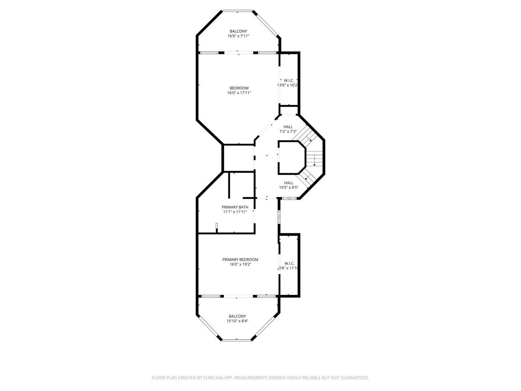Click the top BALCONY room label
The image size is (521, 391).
point(238,31)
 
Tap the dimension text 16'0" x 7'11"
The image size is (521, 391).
point(238,36)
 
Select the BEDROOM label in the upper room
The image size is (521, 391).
point(239,88)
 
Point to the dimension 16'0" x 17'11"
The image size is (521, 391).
point(239,93)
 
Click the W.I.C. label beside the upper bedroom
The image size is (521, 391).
point(289,80)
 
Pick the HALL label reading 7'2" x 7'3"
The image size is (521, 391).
point(288,127)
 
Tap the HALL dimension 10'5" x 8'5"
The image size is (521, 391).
point(289,188)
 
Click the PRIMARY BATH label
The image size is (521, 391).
point(235,207)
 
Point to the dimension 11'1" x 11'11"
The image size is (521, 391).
point(235,212)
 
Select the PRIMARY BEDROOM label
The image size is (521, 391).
point(240,259)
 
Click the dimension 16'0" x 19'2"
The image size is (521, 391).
point(240,264)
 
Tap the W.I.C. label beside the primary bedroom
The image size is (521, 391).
point(289,263)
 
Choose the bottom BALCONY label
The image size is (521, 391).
point(237,316)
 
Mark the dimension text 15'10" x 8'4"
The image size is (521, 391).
point(237,321)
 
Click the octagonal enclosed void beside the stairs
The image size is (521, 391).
point(291,157)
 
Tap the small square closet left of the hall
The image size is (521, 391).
point(239,158)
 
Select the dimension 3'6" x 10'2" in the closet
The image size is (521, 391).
point(289,85)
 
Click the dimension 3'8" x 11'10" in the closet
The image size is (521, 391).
point(289,268)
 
